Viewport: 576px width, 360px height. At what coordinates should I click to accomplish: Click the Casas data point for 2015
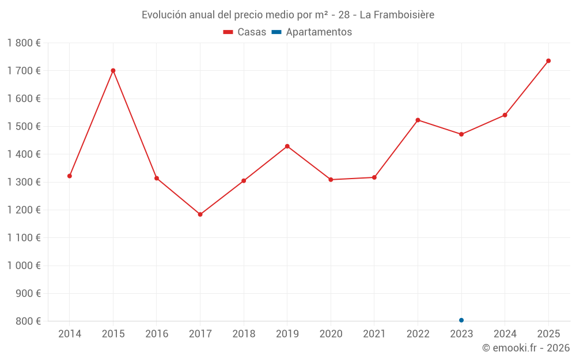113,71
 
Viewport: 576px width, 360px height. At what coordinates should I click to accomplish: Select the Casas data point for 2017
200,214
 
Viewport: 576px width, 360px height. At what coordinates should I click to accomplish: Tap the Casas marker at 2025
548,61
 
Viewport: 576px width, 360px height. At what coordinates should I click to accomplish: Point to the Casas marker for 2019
287,146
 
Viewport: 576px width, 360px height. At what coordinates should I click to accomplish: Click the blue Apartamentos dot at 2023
461,320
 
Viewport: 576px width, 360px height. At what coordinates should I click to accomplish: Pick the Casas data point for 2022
418,120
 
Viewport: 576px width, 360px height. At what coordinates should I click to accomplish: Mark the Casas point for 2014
70,176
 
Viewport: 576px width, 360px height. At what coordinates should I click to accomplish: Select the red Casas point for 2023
461,134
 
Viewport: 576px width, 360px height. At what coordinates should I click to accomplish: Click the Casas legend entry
245,32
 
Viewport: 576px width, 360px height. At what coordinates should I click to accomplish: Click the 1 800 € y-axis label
24,43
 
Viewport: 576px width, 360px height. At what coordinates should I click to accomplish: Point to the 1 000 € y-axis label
24,266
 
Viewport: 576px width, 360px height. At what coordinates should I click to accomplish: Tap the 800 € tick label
27,321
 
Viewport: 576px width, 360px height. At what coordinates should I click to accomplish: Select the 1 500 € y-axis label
24,127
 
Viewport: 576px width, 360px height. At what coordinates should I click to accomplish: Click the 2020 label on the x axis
331,334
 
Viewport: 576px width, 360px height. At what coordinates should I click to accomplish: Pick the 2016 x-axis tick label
157,334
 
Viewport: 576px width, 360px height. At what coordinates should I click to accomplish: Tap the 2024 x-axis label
505,334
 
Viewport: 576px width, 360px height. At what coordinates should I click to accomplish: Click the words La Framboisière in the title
397,14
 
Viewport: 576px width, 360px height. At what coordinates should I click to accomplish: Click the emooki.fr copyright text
525,348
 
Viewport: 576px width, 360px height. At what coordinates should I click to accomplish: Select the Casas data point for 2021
374,177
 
